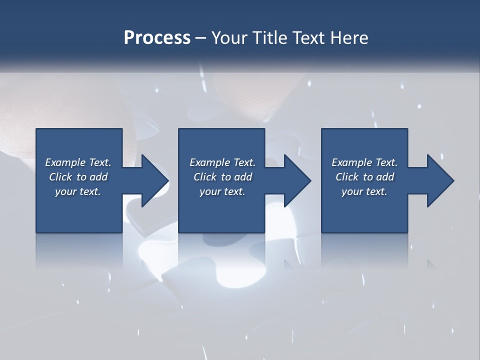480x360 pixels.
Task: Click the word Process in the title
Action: [157, 38]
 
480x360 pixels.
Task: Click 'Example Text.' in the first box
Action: [78, 162]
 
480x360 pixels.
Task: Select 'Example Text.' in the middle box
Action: [222, 162]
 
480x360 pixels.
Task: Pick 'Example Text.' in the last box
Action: [364, 162]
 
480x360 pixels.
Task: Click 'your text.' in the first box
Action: [78, 191]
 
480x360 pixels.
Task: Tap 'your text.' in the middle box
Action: [222, 191]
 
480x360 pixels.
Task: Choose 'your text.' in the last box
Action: [364, 191]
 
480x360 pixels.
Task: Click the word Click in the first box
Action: [60, 177]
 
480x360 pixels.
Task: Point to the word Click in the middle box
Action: [205, 177]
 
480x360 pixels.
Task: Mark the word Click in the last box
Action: [347, 177]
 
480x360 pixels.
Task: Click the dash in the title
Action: [200, 38]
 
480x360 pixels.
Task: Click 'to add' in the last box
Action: [382, 177]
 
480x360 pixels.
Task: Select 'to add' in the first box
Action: [95, 177]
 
